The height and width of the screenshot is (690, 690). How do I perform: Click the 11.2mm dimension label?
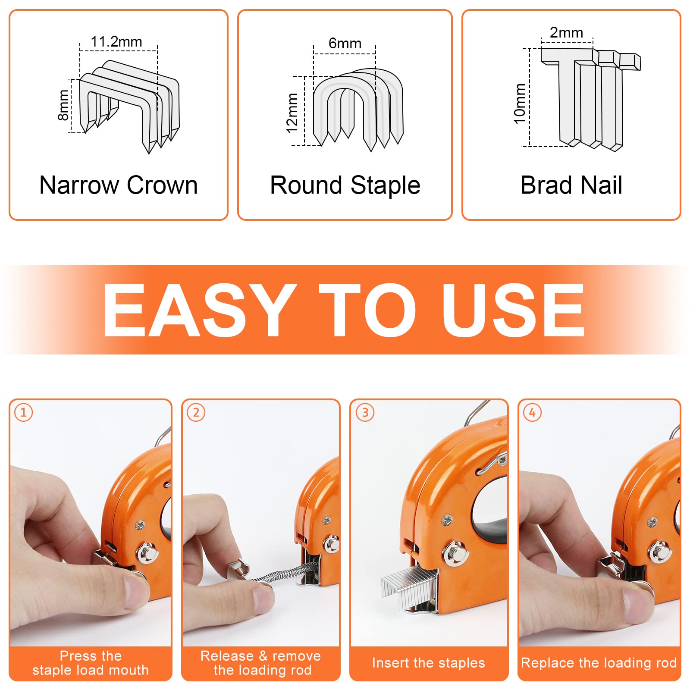click(116, 42)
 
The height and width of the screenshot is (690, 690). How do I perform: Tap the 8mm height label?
click(63, 105)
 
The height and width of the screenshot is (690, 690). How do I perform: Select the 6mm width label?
click(345, 43)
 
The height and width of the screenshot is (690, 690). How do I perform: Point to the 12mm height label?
click(292, 113)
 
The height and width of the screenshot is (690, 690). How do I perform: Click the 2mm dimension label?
click(566, 32)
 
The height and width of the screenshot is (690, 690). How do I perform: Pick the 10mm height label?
click(520, 103)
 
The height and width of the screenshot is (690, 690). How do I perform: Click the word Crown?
click(162, 185)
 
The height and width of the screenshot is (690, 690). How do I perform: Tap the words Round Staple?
click(345, 186)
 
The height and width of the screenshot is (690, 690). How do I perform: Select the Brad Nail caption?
click(571, 185)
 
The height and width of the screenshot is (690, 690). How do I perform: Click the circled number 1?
click(24, 412)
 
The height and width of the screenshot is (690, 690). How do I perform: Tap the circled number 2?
click(196, 412)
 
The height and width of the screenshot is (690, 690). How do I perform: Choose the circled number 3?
click(365, 412)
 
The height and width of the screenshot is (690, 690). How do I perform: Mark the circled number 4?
click(533, 412)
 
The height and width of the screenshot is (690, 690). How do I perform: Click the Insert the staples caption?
click(429, 663)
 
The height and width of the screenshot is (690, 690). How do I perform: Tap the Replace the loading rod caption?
click(599, 663)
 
